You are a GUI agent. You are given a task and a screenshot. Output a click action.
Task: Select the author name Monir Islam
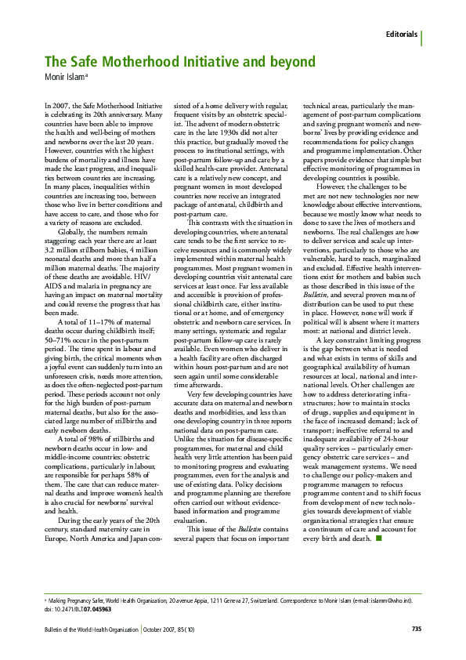pos(64,77)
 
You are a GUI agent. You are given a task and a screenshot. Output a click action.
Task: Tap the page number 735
pos(417,629)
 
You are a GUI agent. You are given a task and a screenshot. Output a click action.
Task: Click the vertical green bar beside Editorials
pos(422,36)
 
